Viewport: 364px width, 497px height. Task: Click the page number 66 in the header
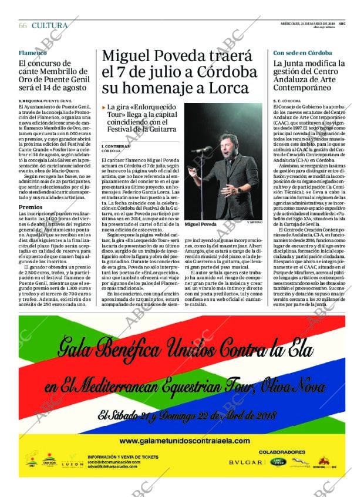[23, 25]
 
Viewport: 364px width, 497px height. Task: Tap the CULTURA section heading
[50, 25]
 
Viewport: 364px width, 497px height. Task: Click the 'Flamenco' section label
[32, 53]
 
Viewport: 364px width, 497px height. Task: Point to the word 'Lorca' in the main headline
[229, 89]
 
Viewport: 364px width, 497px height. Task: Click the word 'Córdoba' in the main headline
[226, 72]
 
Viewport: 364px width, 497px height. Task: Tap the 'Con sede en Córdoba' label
[302, 53]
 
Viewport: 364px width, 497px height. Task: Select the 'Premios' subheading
[31, 207]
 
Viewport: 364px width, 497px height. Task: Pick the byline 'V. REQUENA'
[30, 102]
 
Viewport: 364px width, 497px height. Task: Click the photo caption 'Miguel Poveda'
[201, 224]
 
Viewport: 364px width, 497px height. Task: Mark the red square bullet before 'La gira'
[103, 108]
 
